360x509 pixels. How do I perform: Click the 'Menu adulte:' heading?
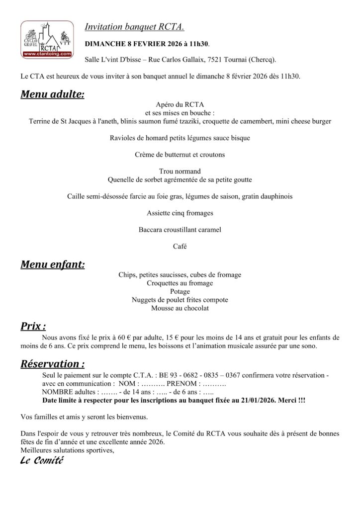click(52, 94)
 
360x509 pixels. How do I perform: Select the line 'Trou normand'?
click(180, 171)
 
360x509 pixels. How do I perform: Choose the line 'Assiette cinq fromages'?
click(180, 213)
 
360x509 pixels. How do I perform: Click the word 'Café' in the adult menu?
click(180, 247)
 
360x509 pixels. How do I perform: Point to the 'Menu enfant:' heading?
click(52, 264)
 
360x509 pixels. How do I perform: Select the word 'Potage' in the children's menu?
click(180, 291)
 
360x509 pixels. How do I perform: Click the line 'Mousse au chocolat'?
click(180, 308)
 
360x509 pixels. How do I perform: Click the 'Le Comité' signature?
click(42, 461)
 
